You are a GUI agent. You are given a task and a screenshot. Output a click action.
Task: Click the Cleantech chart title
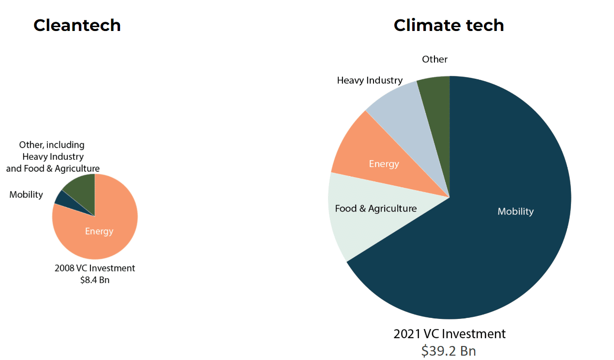click(77, 25)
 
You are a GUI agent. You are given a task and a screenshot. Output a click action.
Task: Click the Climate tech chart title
click(449, 25)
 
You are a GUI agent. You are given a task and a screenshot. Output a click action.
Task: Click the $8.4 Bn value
click(95, 280)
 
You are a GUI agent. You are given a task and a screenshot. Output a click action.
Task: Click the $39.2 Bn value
click(449, 350)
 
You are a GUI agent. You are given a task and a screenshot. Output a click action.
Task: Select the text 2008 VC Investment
click(95, 268)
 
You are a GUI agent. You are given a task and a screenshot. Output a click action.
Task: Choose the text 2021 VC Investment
click(449, 334)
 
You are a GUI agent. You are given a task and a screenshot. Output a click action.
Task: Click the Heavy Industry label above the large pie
click(370, 80)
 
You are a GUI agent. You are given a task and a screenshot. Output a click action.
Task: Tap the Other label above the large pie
click(434, 59)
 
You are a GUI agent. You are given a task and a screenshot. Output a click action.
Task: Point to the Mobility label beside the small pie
click(26, 195)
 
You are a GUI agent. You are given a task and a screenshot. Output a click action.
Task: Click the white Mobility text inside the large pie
click(515, 211)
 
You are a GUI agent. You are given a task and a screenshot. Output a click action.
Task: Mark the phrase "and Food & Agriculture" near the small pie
click(53, 168)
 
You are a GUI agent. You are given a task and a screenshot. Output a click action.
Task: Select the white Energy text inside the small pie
click(99, 231)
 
